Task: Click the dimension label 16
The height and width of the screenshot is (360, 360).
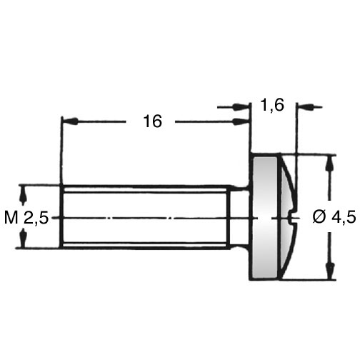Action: tap(152, 121)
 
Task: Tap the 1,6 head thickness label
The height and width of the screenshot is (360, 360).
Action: tap(273, 105)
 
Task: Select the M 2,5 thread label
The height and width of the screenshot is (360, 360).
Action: tap(26, 217)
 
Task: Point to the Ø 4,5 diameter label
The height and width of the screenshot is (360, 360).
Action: tap(334, 217)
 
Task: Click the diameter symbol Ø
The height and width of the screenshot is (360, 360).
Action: tap(319, 217)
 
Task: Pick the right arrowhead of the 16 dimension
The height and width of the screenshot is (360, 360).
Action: tap(241, 121)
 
